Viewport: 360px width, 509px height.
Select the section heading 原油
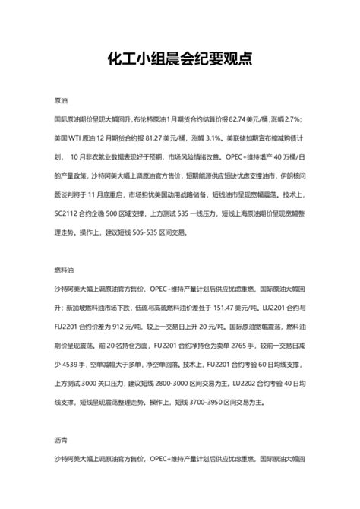click(x=62, y=100)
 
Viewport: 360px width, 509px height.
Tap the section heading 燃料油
click(x=65, y=270)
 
